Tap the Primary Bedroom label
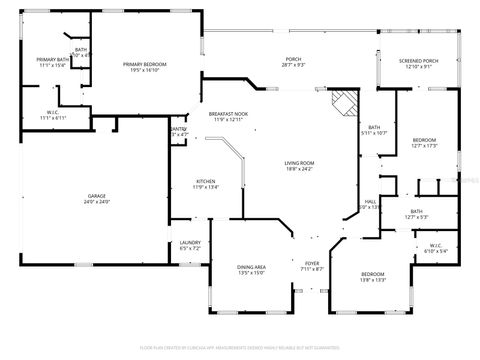click(145, 65)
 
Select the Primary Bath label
click(52, 60)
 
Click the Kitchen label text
click(205, 181)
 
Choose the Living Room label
click(299, 163)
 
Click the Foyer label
click(312, 264)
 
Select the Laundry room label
click(189, 243)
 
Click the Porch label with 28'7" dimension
click(293, 59)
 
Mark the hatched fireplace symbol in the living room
click(344, 100)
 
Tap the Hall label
click(369, 202)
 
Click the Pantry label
click(178, 129)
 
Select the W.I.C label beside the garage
click(52, 112)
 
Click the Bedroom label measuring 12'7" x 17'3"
click(424, 139)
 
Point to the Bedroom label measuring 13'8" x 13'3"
click(372, 274)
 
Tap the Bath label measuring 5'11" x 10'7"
click(374, 127)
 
